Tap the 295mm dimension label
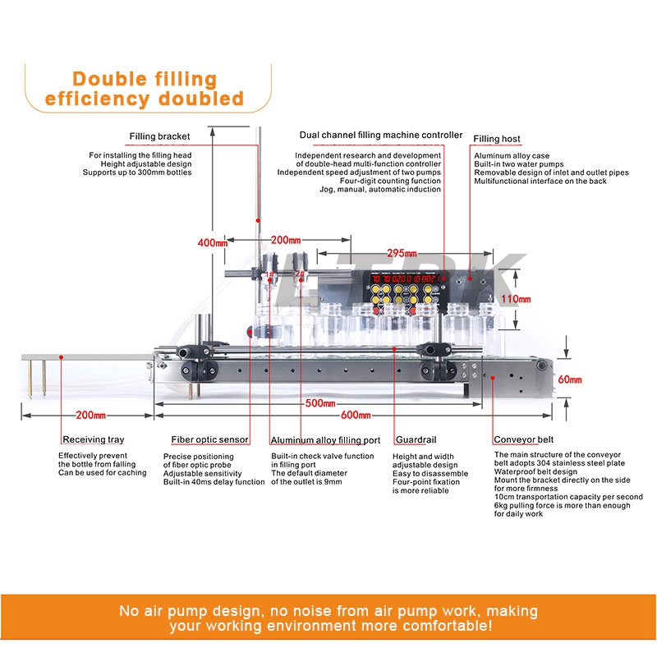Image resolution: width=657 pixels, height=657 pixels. point(402,252)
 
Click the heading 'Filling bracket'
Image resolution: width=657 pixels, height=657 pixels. point(159,136)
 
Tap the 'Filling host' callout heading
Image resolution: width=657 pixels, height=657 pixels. point(497,139)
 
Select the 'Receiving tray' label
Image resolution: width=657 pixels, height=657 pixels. point(95,440)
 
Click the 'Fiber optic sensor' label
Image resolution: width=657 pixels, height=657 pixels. point(209,440)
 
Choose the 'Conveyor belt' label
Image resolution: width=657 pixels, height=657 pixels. point(522,440)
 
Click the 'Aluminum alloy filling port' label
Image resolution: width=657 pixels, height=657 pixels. point(325,440)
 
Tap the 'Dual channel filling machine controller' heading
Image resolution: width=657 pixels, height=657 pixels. point(381,135)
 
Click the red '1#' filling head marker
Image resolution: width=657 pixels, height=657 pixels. point(269,275)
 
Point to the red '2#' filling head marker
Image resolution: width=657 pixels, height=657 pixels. point(300,275)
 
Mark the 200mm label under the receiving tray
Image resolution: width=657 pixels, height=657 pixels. point(89,416)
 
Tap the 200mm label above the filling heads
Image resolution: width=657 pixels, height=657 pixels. point(285,240)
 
